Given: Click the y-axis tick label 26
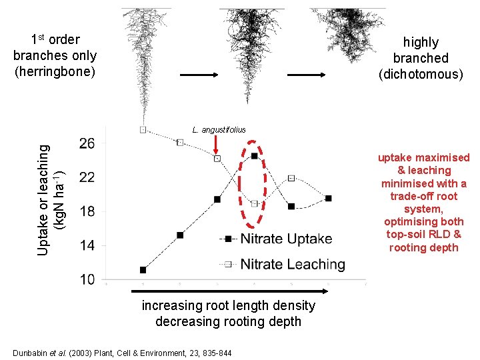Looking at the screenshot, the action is [x=87, y=143].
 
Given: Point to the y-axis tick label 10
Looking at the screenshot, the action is [x=87, y=279].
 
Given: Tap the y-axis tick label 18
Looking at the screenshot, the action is [x=87, y=211].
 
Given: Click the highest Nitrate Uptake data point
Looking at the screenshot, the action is [x=255, y=156].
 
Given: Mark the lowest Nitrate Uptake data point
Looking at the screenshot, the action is [x=143, y=270].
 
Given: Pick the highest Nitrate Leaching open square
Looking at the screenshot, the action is [x=143, y=129].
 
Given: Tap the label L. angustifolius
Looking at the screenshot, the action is [x=219, y=129].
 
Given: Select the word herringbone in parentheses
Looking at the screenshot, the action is [x=55, y=71].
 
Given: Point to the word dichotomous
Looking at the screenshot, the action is [x=421, y=74].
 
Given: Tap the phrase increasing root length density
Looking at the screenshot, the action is [x=228, y=306].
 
